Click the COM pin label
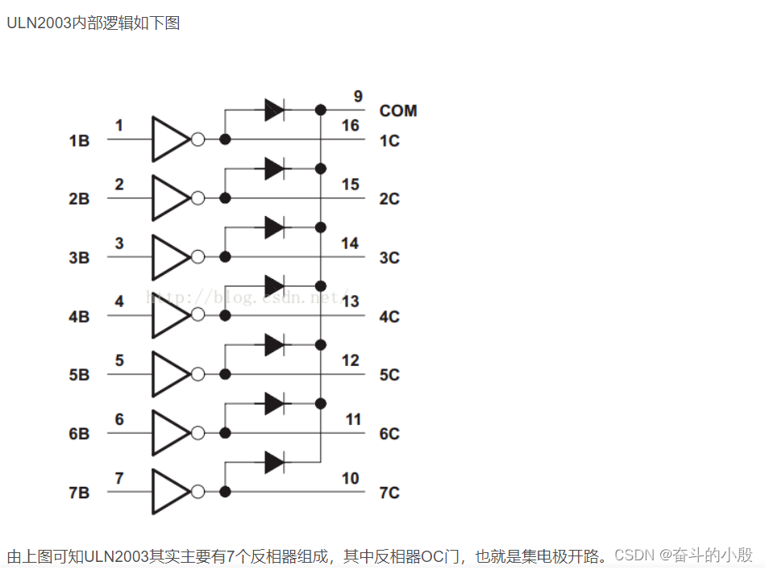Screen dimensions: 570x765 click(398, 110)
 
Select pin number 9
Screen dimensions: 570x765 click(357, 97)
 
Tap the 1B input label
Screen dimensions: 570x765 click(79, 141)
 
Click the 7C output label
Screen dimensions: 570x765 click(389, 493)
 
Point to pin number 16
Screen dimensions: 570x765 click(350, 126)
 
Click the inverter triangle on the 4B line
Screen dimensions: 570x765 click(168, 315)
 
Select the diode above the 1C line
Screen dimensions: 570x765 click(274, 110)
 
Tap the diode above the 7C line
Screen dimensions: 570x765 click(274, 462)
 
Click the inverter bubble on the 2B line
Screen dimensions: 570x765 click(197, 198)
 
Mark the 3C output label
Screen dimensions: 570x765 click(389, 258)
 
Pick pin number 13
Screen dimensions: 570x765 click(350, 302)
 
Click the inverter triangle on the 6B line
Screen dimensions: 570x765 click(168, 433)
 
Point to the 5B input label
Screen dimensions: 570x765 click(79, 376)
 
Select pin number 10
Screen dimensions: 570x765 click(350, 478)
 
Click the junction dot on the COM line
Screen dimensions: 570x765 click(321, 110)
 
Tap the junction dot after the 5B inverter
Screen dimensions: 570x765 click(225, 374)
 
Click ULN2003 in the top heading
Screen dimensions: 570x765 click(39, 23)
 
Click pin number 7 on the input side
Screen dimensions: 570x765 click(119, 478)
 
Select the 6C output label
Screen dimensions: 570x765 click(389, 434)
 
